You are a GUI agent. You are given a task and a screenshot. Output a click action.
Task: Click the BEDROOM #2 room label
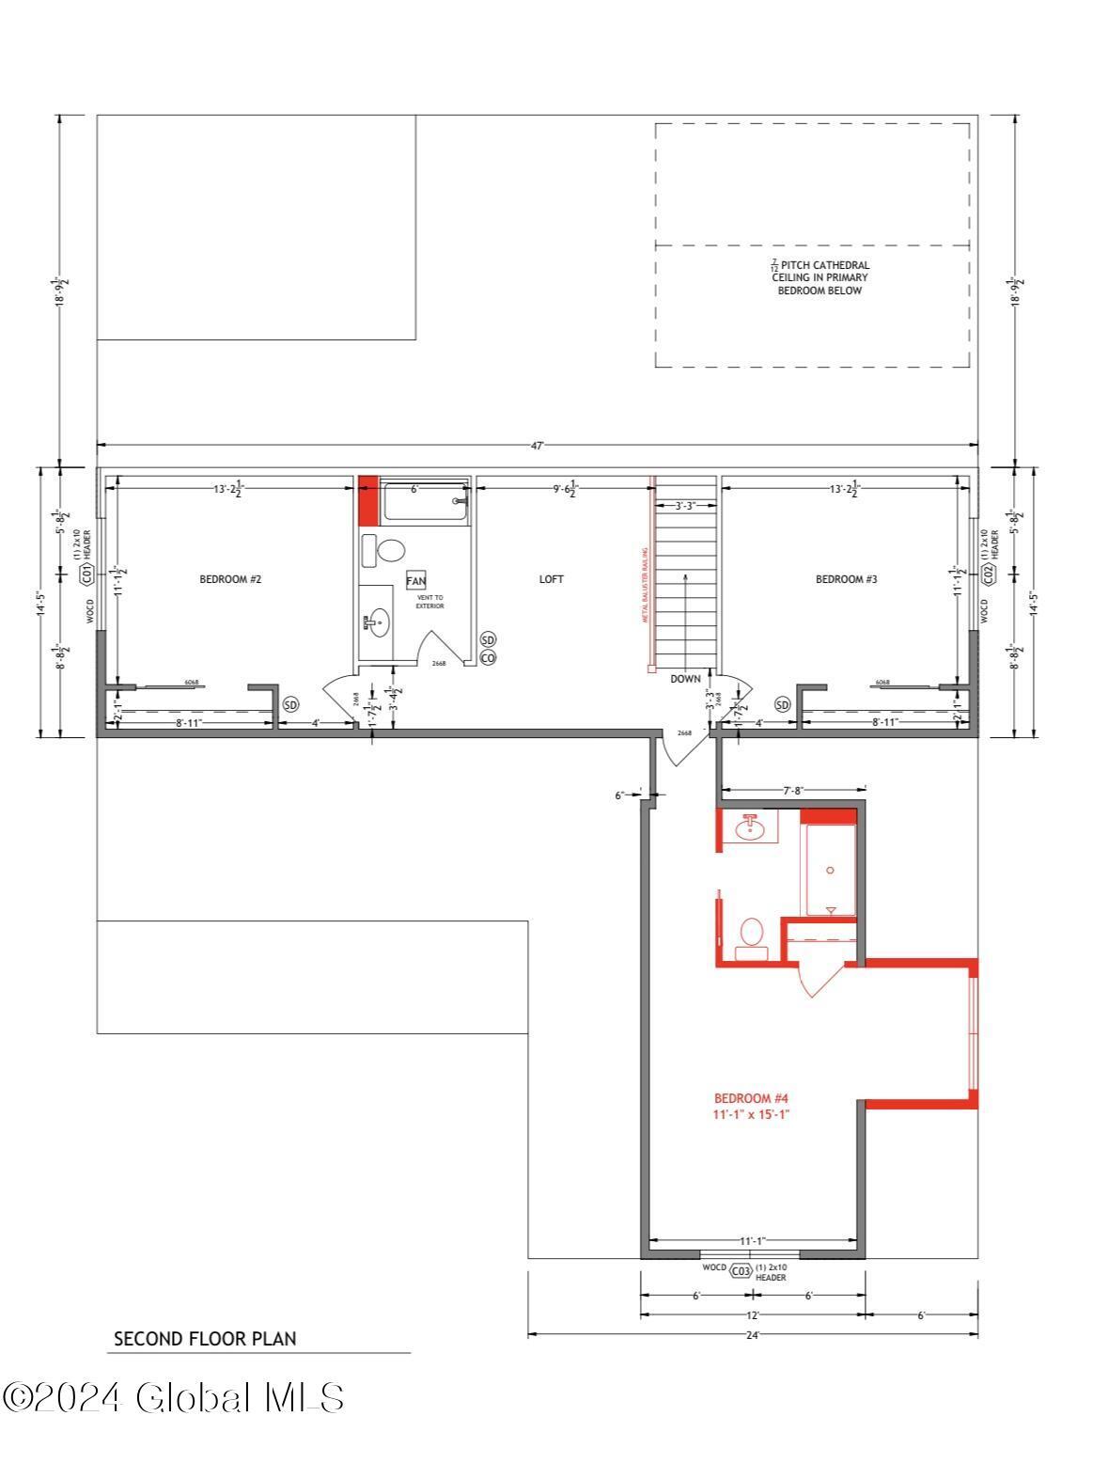[x=229, y=579]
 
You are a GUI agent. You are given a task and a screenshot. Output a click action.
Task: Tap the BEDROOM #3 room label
[x=846, y=579]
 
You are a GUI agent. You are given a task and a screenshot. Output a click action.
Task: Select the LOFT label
[x=552, y=579]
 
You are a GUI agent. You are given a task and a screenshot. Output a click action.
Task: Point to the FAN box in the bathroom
[x=415, y=581]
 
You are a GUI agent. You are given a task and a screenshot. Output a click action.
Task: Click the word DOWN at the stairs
[x=685, y=679]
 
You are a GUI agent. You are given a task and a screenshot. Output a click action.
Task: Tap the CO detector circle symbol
[x=488, y=658]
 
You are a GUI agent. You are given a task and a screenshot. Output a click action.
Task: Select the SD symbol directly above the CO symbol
[x=488, y=639]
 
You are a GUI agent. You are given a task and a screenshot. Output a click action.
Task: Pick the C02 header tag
[x=988, y=574]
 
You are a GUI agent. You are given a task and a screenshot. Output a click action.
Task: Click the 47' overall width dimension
[x=537, y=446]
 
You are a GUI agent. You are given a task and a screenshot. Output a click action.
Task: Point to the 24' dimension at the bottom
[x=752, y=1333]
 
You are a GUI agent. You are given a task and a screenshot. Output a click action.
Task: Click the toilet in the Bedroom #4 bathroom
[x=751, y=936]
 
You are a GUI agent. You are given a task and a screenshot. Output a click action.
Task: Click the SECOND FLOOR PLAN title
[x=204, y=1339]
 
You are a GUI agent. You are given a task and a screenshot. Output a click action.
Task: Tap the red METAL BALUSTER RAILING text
[x=646, y=586]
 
